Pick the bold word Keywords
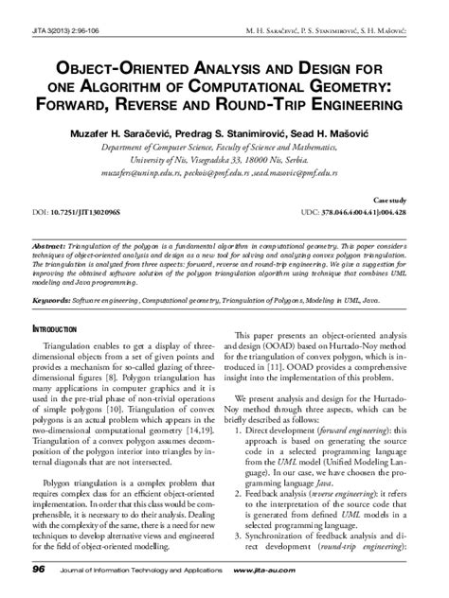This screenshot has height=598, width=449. click(x=53, y=297)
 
